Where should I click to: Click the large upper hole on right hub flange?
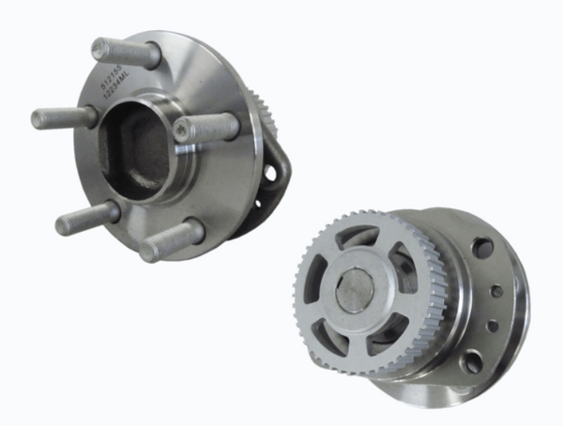[483, 248]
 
